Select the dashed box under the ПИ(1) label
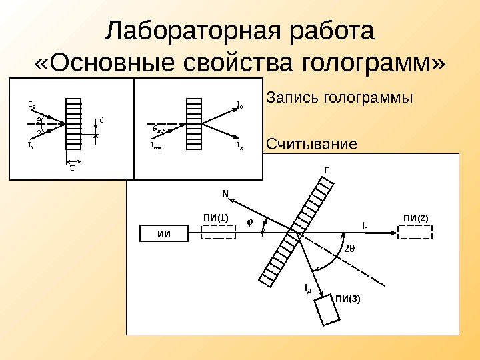coord(218,231)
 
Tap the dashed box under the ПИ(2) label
coord(416,231)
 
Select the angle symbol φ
coord(251,222)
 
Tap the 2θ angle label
coord(350,249)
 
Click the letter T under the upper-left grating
coord(73,169)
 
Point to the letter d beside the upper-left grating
coord(101,120)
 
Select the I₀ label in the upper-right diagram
coord(240,105)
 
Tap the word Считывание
coord(311,144)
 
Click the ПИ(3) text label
coord(347,298)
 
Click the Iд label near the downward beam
coord(307,288)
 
